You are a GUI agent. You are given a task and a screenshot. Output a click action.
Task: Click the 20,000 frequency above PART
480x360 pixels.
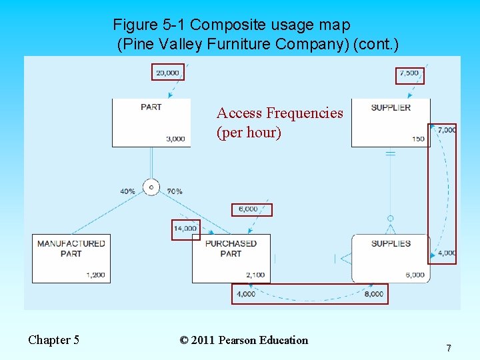[x=167, y=72]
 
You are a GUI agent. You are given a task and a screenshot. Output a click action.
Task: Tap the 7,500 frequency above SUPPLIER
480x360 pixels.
[x=409, y=73]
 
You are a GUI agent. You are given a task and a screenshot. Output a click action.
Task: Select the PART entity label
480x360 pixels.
[x=151, y=107]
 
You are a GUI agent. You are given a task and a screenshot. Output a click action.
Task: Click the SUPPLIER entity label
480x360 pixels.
[x=391, y=107]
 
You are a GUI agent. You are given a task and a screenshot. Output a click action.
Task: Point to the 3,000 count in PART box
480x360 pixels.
[x=175, y=139]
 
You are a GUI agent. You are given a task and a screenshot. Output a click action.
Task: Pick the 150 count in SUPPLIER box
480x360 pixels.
[x=418, y=139]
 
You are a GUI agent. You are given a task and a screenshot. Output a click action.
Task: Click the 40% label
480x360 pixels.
[x=127, y=191]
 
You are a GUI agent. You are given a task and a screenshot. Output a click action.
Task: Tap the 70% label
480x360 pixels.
[x=175, y=191]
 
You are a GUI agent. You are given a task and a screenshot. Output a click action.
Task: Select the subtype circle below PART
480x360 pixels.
[x=151, y=187]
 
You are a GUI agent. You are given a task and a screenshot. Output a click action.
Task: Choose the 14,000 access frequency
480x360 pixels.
[x=185, y=229]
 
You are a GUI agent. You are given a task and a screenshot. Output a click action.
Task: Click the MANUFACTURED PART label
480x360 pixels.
[x=71, y=248]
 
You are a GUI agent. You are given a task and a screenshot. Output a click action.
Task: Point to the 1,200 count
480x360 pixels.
[x=95, y=275]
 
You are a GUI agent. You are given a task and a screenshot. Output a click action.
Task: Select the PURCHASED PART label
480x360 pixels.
[x=230, y=248]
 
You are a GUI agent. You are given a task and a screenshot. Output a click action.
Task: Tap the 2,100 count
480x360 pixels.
[x=255, y=275]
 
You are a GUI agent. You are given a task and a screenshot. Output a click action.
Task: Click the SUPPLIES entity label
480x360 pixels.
[x=391, y=243]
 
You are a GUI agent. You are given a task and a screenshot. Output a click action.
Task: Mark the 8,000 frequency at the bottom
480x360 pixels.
[x=374, y=293]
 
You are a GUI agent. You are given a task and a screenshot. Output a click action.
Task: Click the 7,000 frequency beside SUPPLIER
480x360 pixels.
[x=447, y=130]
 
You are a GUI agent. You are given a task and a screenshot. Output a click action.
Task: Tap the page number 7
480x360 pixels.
[x=449, y=348]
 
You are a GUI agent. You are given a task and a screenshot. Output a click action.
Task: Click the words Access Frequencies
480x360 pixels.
[x=279, y=113]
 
